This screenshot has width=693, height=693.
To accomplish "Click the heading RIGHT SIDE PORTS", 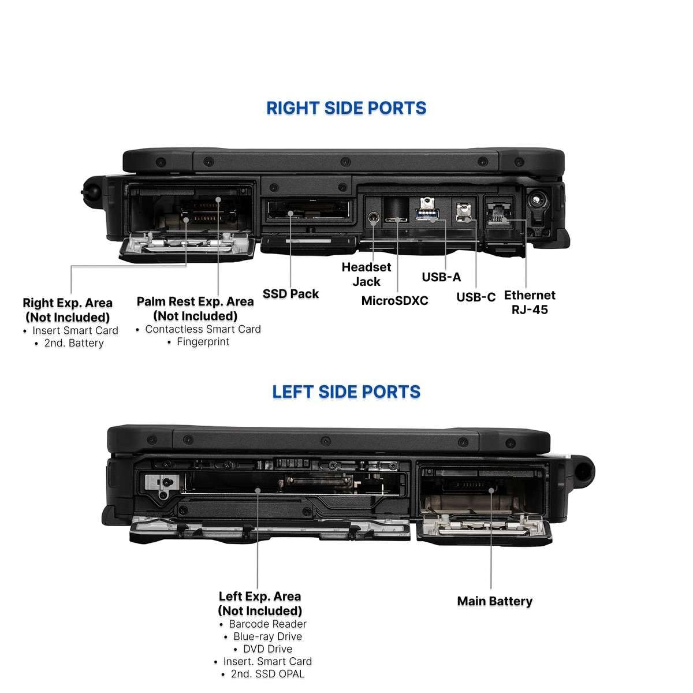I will pyautogui.click(x=346, y=108).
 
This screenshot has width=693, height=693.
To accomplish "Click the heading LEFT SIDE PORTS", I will pyautogui.click(x=346, y=392).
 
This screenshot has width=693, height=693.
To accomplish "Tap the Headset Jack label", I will pyautogui.click(x=366, y=274).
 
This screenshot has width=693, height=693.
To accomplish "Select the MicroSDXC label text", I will pyautogui.click(x=394, y=301).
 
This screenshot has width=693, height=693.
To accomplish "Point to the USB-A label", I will pyautogui.click(x=441, y=277).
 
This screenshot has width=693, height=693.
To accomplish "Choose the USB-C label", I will pyautogui.click(x=476, y=297).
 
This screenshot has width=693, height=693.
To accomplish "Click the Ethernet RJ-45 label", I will pyautogui.click(x=530, y=302).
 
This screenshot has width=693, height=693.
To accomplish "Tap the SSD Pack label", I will pyautogui.click(x=290, y=294).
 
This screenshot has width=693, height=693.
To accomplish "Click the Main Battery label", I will pyautogui.click(x=494, y=601).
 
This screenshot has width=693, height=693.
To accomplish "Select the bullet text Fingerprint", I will pyautogui.click(x=203, y=342).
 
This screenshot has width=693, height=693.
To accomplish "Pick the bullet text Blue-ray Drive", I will pyautogui.click(x=267, y=636).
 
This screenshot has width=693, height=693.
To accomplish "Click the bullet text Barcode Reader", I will pyautogui.click(x=267, y=624).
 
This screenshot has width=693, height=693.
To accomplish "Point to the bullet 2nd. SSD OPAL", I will pyautogui.click(x=267, y=674).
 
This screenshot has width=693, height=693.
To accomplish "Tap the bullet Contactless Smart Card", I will pyautogui.click(x=203, y=329).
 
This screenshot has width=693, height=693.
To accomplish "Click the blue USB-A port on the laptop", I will pyautogui.click(x=427, y=215).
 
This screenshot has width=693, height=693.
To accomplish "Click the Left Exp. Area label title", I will pyautogui.click(x=260, y=603).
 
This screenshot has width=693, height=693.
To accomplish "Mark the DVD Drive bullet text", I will pyautogui.click(x=267, y=649).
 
